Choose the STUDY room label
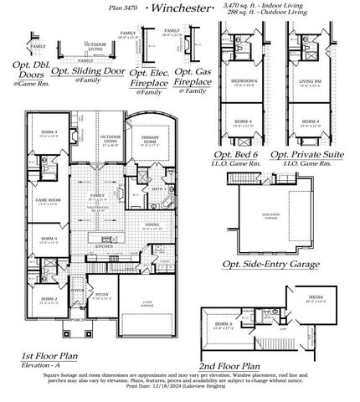tap(101, 295)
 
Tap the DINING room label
tap(152, 224)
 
